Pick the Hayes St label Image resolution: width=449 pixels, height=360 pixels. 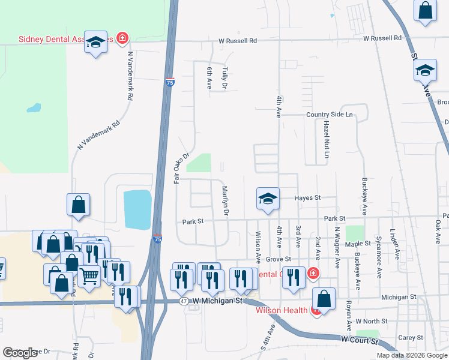click(308, 197)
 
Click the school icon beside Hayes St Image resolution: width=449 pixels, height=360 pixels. click(268, 199)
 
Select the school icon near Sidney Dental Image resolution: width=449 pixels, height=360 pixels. click(95, 43)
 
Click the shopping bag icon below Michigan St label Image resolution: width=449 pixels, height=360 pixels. click(324, 299)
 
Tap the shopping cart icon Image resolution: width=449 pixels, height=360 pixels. click(89, 277)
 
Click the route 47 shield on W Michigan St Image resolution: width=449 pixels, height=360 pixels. click(183, 301)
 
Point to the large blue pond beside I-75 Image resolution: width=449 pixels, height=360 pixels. click(137, 209)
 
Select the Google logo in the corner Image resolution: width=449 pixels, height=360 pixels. click(20, 353)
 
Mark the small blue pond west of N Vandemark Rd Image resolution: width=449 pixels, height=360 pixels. click(34, 109)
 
